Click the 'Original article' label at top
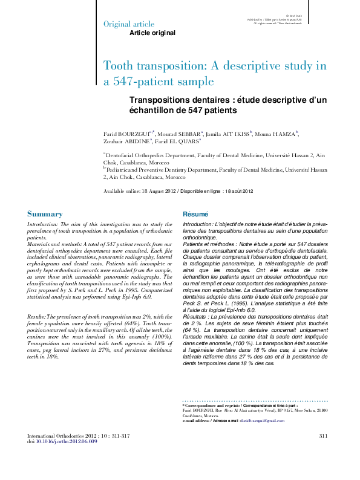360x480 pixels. coord(128,24)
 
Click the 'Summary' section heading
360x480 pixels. coord(45,214)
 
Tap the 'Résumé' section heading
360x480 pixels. coord(195,214)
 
